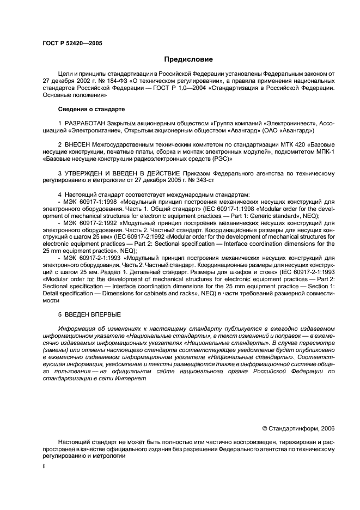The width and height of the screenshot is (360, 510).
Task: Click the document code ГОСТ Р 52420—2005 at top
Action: click(x=71, y=42)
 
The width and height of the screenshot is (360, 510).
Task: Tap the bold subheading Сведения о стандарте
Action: click(x=91, y=110)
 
